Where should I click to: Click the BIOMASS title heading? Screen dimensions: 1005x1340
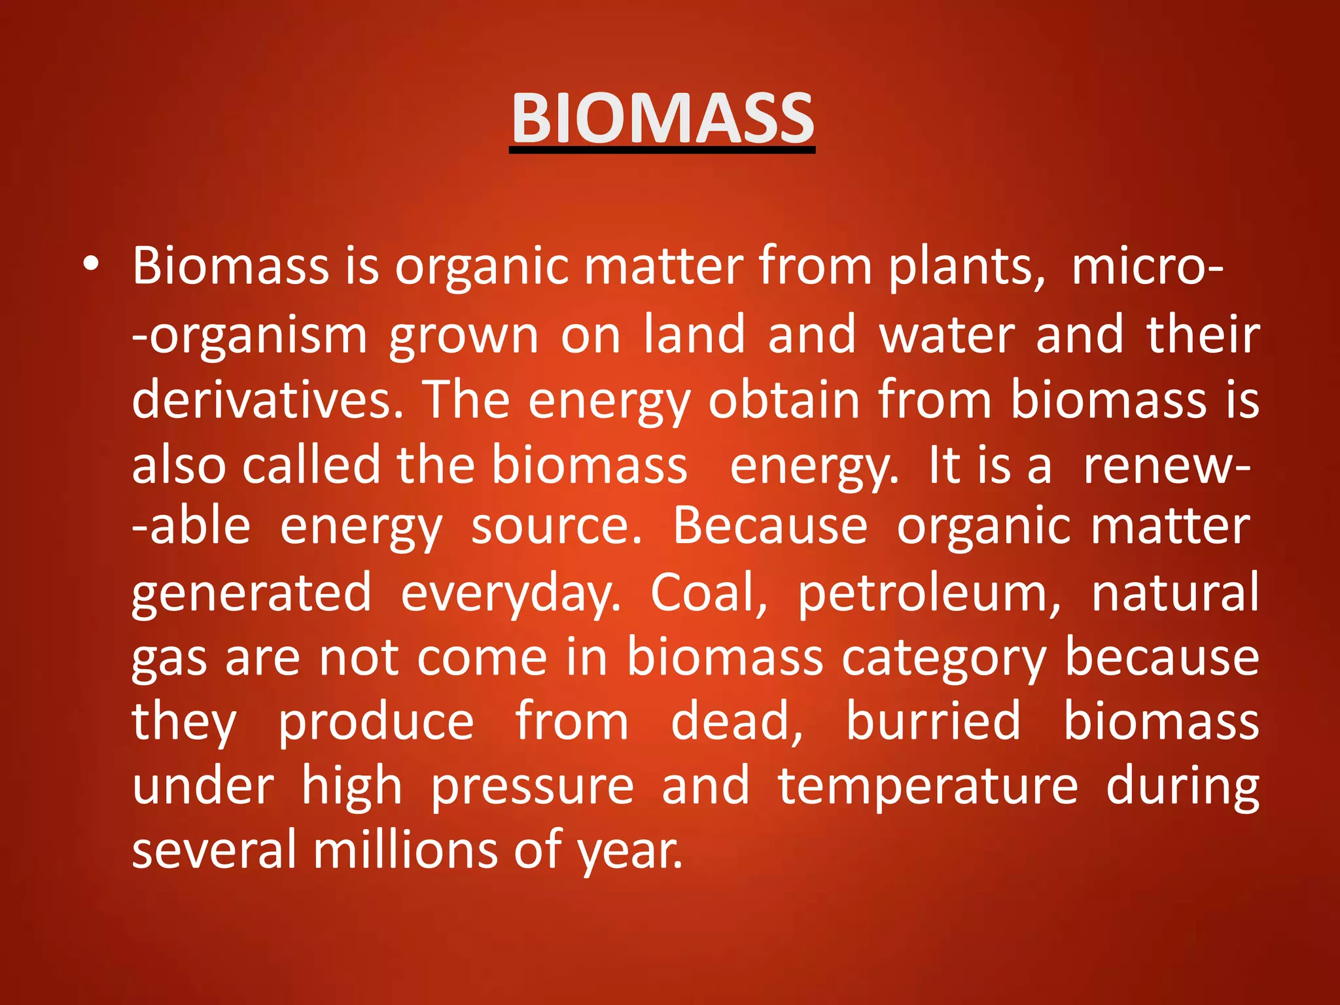662,118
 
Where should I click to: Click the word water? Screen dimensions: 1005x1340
946,335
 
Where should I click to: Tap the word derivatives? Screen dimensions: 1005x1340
267,400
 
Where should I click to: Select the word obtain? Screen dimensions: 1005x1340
784,400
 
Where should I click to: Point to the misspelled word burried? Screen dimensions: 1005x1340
933,721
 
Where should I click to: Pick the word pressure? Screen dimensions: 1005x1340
532,787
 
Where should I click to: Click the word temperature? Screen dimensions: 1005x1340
927,787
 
